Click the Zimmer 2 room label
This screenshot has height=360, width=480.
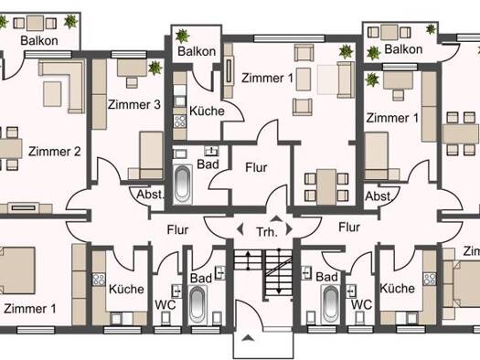pos(55,152)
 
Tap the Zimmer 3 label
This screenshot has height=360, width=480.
pos(134,104)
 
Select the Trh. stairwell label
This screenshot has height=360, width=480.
pos(267,232)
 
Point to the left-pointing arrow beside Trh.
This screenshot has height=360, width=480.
pos(240,229)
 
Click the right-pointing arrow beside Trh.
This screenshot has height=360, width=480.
pos(289,229)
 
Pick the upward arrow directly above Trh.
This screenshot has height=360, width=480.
pos(276,218)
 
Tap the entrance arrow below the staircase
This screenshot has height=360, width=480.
pos(248,338)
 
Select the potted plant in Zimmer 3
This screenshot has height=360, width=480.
pos(155,68)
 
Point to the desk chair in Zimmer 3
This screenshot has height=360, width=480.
pos(132,82)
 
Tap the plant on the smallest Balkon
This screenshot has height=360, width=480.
pos(183,36)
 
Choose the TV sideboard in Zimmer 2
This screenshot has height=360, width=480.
pos(26,208)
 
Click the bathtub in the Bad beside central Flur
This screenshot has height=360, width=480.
pos(183,185)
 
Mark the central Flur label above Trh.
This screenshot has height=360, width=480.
pos(256,167)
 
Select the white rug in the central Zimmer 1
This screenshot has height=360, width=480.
pos(327,79)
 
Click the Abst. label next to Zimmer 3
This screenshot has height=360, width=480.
pos(150,195)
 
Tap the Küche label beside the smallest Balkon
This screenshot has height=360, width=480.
pos(207,111)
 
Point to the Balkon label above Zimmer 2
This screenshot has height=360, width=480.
pos(39,41)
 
